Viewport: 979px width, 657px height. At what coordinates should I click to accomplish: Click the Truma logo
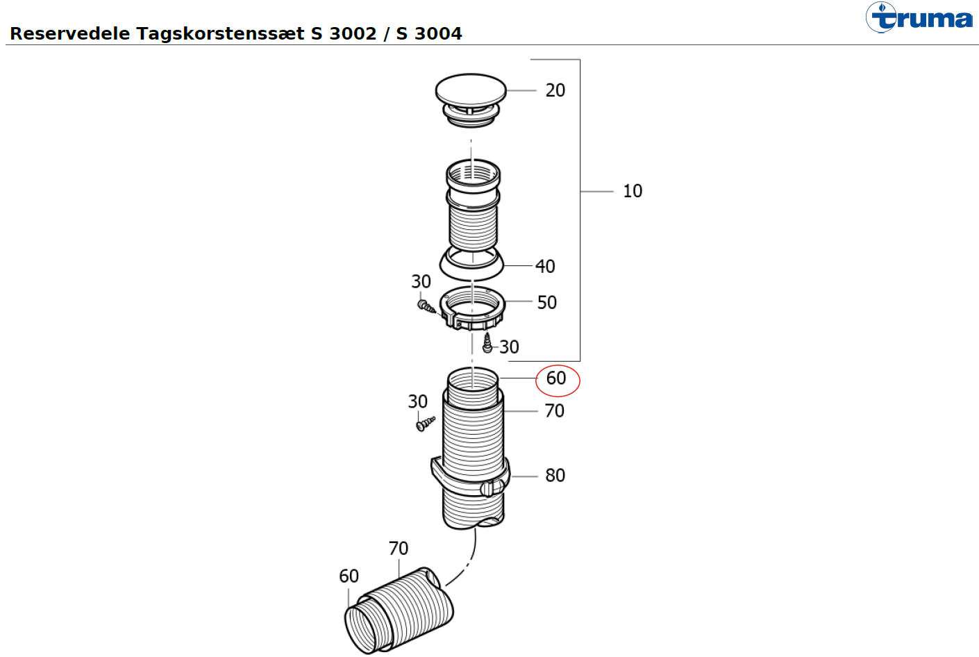pos(919,17)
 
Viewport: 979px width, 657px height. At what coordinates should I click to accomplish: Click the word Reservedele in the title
pos(69,33)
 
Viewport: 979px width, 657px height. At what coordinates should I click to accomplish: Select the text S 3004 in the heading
pos(429,33)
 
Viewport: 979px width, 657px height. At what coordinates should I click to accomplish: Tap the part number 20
pos(555,90)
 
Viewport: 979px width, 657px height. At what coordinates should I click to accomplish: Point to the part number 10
pos(633,191)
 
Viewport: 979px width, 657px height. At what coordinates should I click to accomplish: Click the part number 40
pos(545,266)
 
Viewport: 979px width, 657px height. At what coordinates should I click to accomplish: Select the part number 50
pos(546,303)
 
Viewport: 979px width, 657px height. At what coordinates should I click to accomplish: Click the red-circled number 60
pos(556,378)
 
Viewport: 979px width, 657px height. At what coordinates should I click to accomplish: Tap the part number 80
pos(555,475)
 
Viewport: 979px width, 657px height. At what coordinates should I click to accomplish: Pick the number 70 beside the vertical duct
pos(554,411)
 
